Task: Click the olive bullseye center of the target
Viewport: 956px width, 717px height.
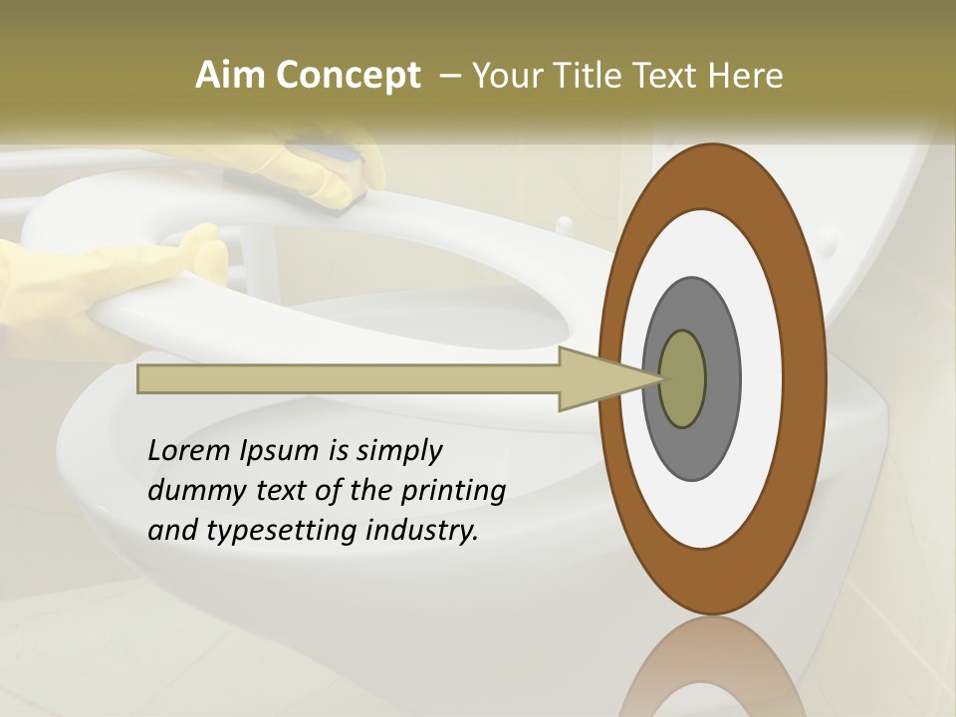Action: click(x=683, y=379)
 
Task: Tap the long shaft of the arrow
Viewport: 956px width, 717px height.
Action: click(x=349, y=379)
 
